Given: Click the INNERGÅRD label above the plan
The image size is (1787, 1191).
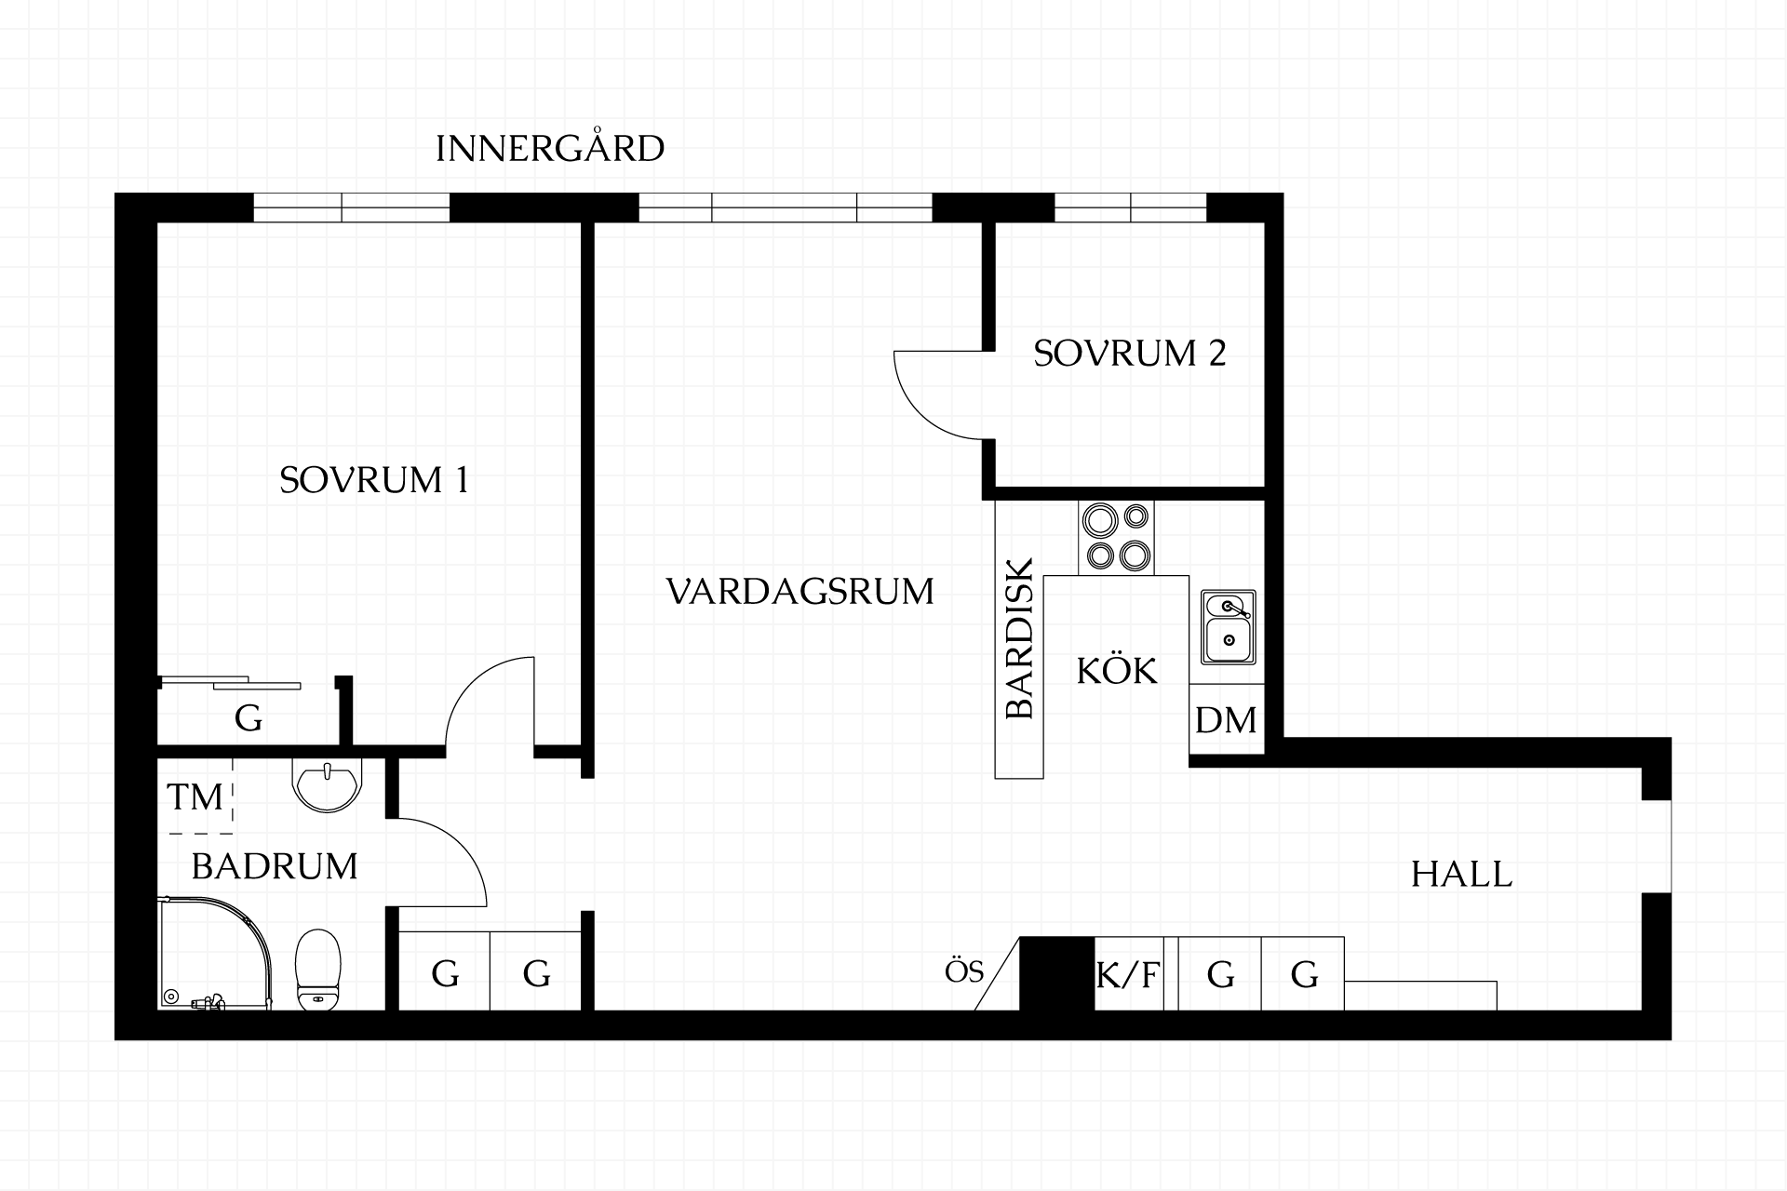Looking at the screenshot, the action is tap(550, 148).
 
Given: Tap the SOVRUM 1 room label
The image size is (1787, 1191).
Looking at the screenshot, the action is tap(374, 480).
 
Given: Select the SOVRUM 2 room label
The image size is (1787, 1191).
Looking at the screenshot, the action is tap(1130, 354).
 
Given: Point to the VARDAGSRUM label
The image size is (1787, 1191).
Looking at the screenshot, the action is tap(800, 592).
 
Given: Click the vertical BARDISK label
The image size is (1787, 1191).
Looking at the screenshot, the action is tap(1020, 638).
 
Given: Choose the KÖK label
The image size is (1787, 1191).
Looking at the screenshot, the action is tap(1117, 670).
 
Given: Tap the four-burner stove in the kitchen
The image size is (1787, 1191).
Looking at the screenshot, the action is tap(1116, 538).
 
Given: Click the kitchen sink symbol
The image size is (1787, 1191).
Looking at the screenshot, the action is tap(1228, 627).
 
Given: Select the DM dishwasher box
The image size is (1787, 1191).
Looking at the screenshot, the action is tap(1226, 719).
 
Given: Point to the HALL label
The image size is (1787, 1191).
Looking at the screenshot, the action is tap(1461, 875).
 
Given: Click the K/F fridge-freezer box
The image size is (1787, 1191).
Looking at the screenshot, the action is tap(1128, 973).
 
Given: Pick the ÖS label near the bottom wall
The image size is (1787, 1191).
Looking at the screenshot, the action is tap(964, 972).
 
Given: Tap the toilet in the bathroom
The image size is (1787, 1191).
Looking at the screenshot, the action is tap(318, 969).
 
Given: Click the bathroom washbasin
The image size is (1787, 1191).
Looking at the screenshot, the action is tap(326, 785).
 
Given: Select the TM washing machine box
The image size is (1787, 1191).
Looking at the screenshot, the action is tap(195, 796).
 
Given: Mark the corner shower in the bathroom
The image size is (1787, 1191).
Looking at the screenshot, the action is tap(214, 954).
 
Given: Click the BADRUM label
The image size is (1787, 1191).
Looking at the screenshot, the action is tap(275, 866).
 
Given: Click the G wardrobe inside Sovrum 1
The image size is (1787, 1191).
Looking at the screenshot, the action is tap(248, 717).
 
